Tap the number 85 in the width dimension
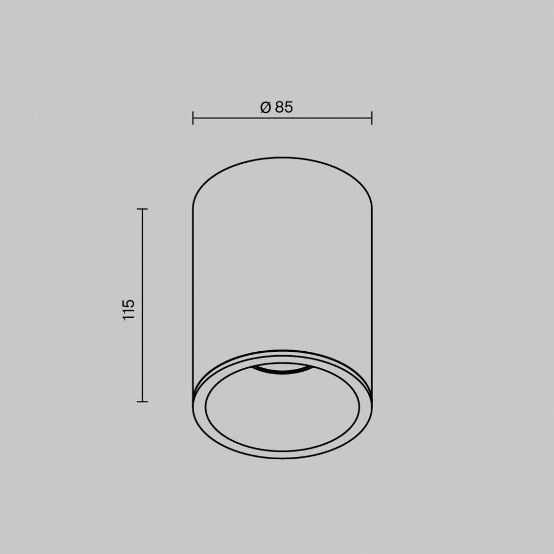pyautogui.click(x=284, y=107)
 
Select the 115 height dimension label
pyautogui.click(x=129, y=309)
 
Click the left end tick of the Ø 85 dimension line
pyautogui.click(x=193, y=118)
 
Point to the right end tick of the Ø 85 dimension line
pyautogui.click(x=372, y=118)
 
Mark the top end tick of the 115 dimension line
pyautogui.click(x=142, y=210)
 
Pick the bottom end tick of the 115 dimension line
pyautogui.click(x=142, y=402)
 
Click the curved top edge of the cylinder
pyautogui.click(x=282, y=158)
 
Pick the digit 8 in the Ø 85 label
pyautogui.click(x=279, y=107)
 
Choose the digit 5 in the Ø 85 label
pyautogui.click(x=288, y=107)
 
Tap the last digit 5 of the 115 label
pyautogui.click(x=129, y=302)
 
